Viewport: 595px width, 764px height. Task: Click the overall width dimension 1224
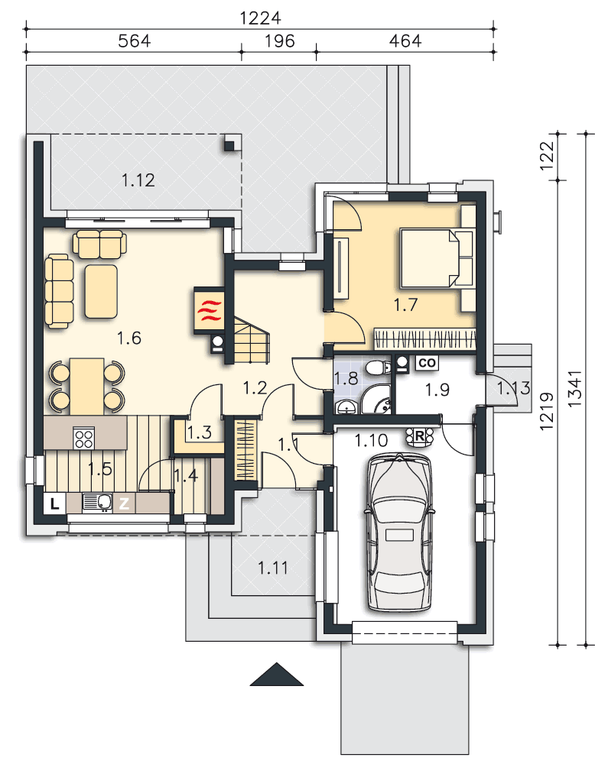pyautogui.click(x=261, y=18)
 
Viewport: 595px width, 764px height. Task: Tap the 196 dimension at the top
pyautogui.click(x=279, y=41)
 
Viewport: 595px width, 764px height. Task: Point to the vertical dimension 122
pyautogui.click(x=547, y=155)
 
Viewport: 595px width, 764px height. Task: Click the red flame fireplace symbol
pyautogui.click(x=210, y=311)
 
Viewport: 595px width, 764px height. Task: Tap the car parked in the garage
pyautogui.click(x=399, y=532)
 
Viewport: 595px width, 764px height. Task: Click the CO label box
pyautogui.click(x=427, y=362)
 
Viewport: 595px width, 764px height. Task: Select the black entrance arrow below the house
pyautogui.click(x=277, y=674)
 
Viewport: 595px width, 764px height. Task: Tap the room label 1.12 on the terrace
pyautogui.click(x=138, y=180)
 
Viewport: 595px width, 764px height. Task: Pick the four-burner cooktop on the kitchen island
pyautogui.click(x=83, y=437)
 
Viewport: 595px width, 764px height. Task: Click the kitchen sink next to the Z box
pyautogui.click(x=98, y=503)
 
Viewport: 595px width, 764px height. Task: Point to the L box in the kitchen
pyautogui.click(x=54, y=503)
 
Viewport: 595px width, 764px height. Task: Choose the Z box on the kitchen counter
pyautogui.click(x=125, y=503)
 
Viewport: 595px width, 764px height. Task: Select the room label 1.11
pyautogui.click(x=272, y=568)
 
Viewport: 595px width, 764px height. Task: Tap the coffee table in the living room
pyautogui.click(x=101, y=291)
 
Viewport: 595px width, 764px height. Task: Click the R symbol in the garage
pyautogui.click(x=419, y=436)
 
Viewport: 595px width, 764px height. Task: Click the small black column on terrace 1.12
pyautogui.click(x=229, y=144)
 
